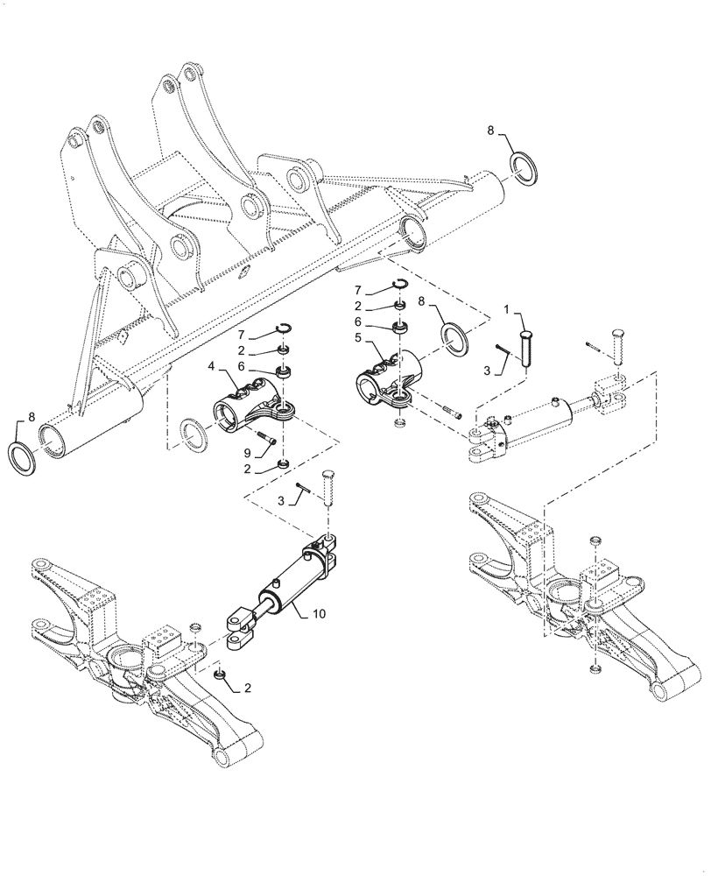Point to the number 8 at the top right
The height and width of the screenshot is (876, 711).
[x=491, y=131]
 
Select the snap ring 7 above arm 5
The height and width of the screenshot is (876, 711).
[x=399, y=281]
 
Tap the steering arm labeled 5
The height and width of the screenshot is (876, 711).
[x=389, y=376]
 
